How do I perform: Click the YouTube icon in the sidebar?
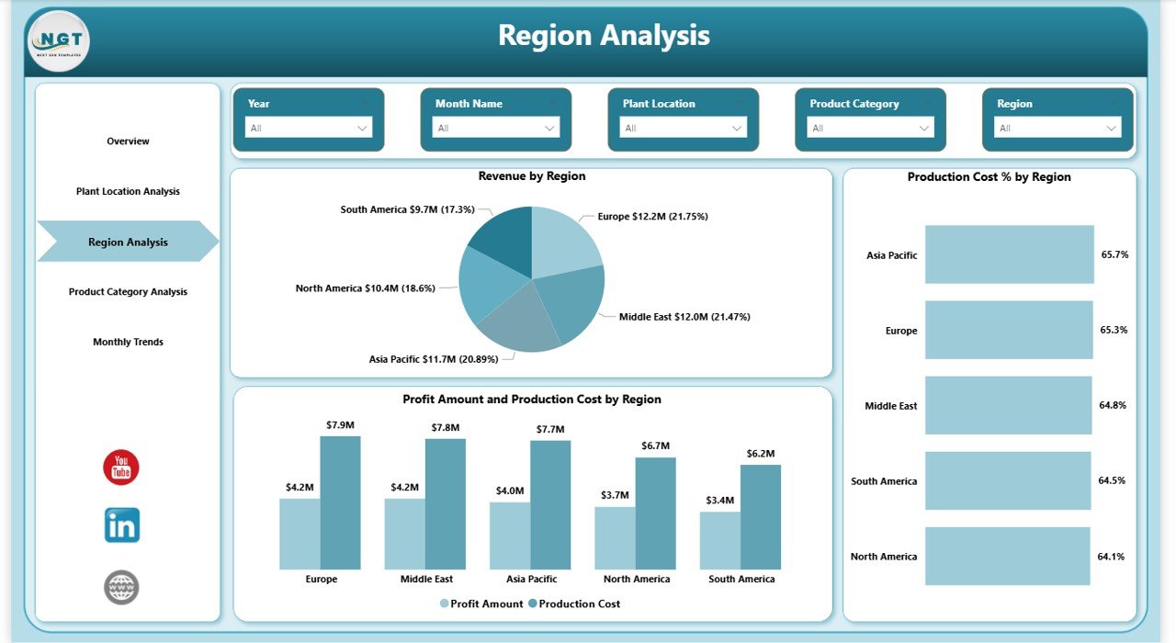click(x=121, y=468)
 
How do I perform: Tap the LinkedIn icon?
click(x=121, y=525)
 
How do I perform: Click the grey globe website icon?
click(x=121, y=587)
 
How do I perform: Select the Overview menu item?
click(x=128, y=141)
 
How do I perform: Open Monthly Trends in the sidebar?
click(x=128, y=342)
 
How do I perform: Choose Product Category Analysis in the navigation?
click(x=128, y=292)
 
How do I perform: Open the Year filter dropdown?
click(x=309, y=128)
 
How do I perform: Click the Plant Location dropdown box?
click(x=683, y=128)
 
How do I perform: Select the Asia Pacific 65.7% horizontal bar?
click(x=1009, y=254)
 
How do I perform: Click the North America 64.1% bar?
click(x=1007, y=556)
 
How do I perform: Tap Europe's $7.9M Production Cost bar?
click(x=340, y=502)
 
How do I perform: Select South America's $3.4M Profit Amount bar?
click(x=719, y=540)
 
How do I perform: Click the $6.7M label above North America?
click(x=655, y=446)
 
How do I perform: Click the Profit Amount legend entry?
click(x=481, y=604)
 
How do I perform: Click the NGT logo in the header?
click(x=60, y=41)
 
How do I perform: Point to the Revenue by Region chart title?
click(x=531, y=176)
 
